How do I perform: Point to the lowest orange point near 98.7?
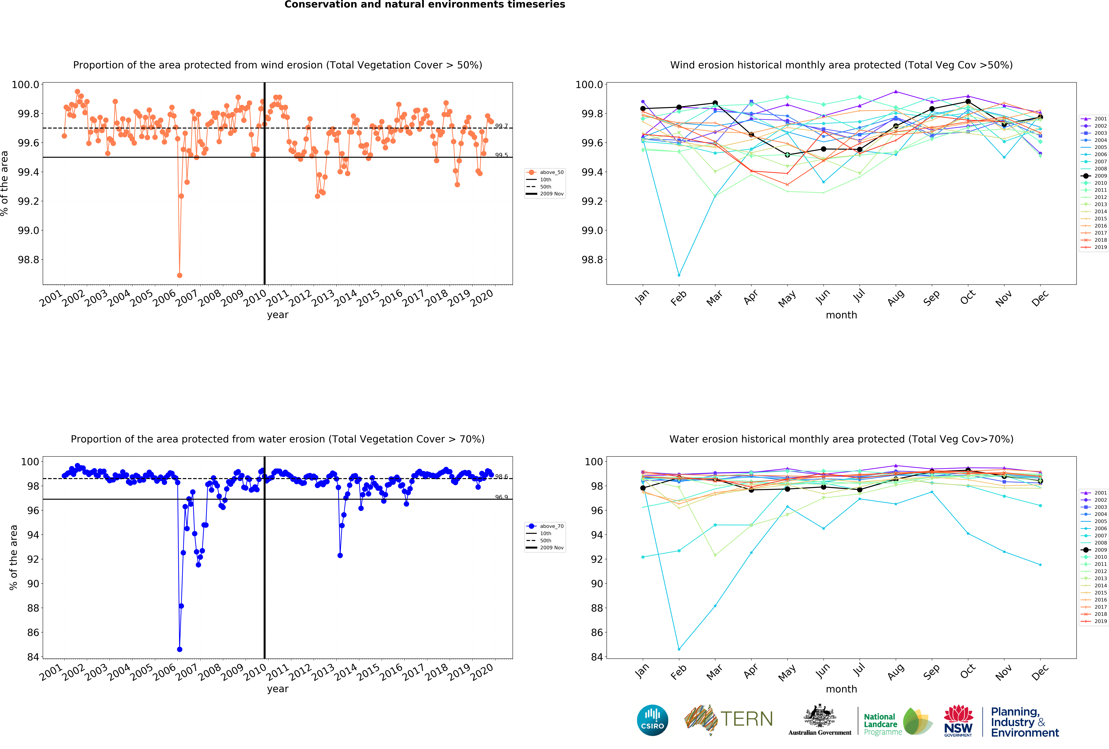pyautogui.click(x=179, y=275)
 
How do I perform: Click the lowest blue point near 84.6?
pyautogui.click(x=179, y=649)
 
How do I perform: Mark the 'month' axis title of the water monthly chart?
pyautogui.click(x=841, y=689)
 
